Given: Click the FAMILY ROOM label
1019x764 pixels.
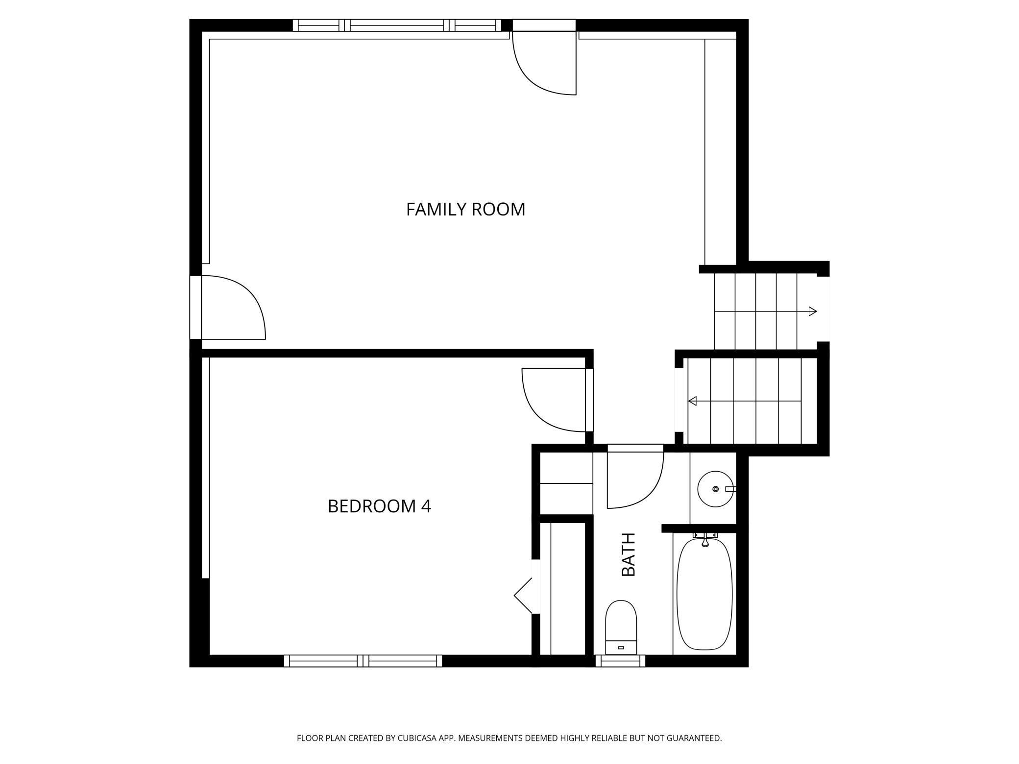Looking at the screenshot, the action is pyautogui.click(x=465, y=209).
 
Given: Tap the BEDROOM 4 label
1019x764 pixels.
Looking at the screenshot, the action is pyautogui.click(x=379, y=506).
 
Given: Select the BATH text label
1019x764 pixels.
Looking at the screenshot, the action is pyautogui.click(x=628, y=554).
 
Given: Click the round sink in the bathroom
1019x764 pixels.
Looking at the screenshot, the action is pyautogui.click(x=716, y=489).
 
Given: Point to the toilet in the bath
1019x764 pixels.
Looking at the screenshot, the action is pyautogui.click(x=621, y=627).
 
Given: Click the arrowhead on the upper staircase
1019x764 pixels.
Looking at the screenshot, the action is pyautogui.click(x=813, y=311).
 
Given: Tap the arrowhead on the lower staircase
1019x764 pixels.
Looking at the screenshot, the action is pyautogui.click(x=692, y=401).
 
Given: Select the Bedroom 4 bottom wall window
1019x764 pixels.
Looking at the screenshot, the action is pyautogui.click(x=363, y=661).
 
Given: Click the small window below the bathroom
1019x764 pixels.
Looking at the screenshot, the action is pyautogui.click(x=621, y=661).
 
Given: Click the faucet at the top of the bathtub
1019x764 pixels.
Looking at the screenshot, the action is pyautogui.click(x=705, y=541).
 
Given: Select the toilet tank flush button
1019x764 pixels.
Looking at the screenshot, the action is pyautogui.click(x=621, y=647).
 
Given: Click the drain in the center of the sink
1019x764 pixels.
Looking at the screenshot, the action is pyautogui.click(x=716, y=489).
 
